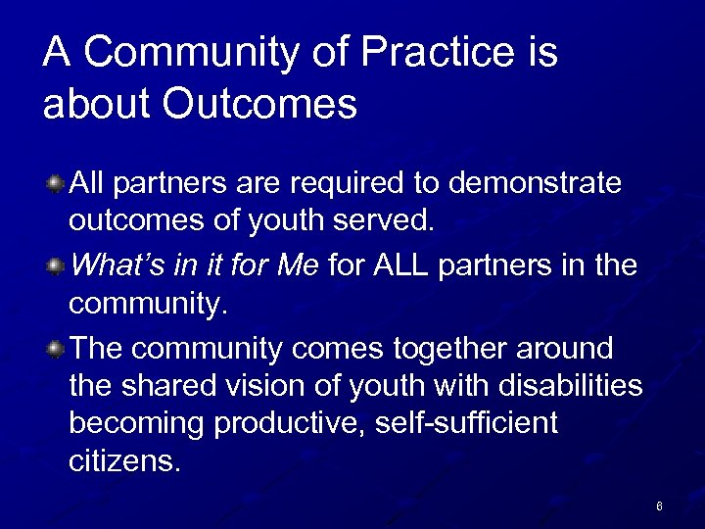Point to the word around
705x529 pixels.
(568, 349)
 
